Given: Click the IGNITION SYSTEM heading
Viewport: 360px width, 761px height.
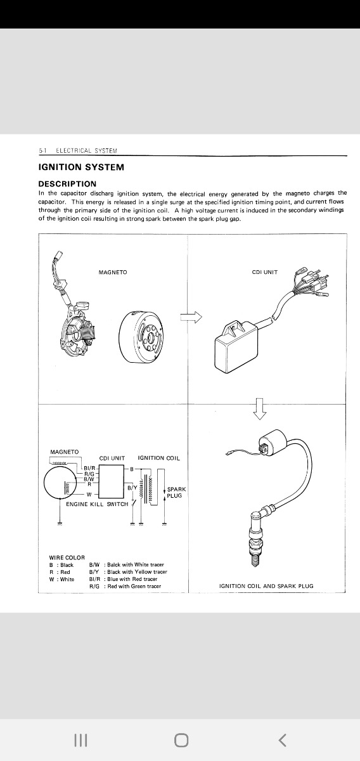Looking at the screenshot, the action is pyautogui.click(x=81, y=167).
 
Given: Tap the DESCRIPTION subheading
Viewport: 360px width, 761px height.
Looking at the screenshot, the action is pyautogui.click(x=67, y=184).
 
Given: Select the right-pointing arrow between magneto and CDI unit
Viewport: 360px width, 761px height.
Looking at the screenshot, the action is pyautogui.click(x=191, y=317).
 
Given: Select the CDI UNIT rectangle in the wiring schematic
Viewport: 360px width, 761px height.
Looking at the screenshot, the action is pyautogui.click(x=112, y=481).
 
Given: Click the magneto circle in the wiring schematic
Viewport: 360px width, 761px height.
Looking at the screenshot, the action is pyautogui.click(x=60, y=483).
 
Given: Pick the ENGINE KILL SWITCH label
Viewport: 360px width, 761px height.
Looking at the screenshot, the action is pyautogui.click(x=97, y=504).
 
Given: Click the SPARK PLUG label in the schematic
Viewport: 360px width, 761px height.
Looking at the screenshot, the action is pyautogui.click(x=176, y=492).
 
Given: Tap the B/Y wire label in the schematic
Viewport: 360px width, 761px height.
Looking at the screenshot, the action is pyautogui.click(x=132, y=488).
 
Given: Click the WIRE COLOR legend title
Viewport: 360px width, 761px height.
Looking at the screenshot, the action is pyautogui.click(x=67, y=557).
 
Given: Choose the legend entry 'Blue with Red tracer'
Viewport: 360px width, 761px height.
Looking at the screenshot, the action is pyautogui.click(x=132, y=579).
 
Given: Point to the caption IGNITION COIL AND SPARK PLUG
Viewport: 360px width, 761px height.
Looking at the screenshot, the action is pyautogui.click(x=266, y=586).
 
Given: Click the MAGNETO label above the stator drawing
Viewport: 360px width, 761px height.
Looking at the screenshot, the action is pyautogui.click(x=113, y=272).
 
